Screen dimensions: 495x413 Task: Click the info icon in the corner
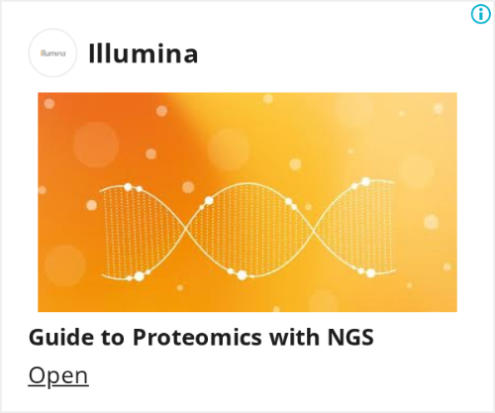tap(480, 14)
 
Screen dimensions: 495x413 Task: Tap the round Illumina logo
tap(52, 52)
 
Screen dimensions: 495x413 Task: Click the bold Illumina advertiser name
tap(144, 53)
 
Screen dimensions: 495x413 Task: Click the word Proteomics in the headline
tap(197, 338)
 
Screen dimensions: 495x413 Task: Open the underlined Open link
tap(58, 375)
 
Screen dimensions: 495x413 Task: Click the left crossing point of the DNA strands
tap(185, 229)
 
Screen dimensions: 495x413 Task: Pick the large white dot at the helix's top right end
tap(365, 181)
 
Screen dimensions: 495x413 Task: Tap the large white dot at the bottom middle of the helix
tap(243, 275)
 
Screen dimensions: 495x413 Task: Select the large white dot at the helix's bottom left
tap(140, 276)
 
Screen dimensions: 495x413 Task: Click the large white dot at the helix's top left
tap(128, 187)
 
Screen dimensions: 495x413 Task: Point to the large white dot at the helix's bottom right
tap(370, 273)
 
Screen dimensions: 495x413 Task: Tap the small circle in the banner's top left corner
tap(49, 104)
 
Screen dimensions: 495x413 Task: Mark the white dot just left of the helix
tap(91, 205)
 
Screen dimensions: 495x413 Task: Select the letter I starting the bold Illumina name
tap(91, 53)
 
